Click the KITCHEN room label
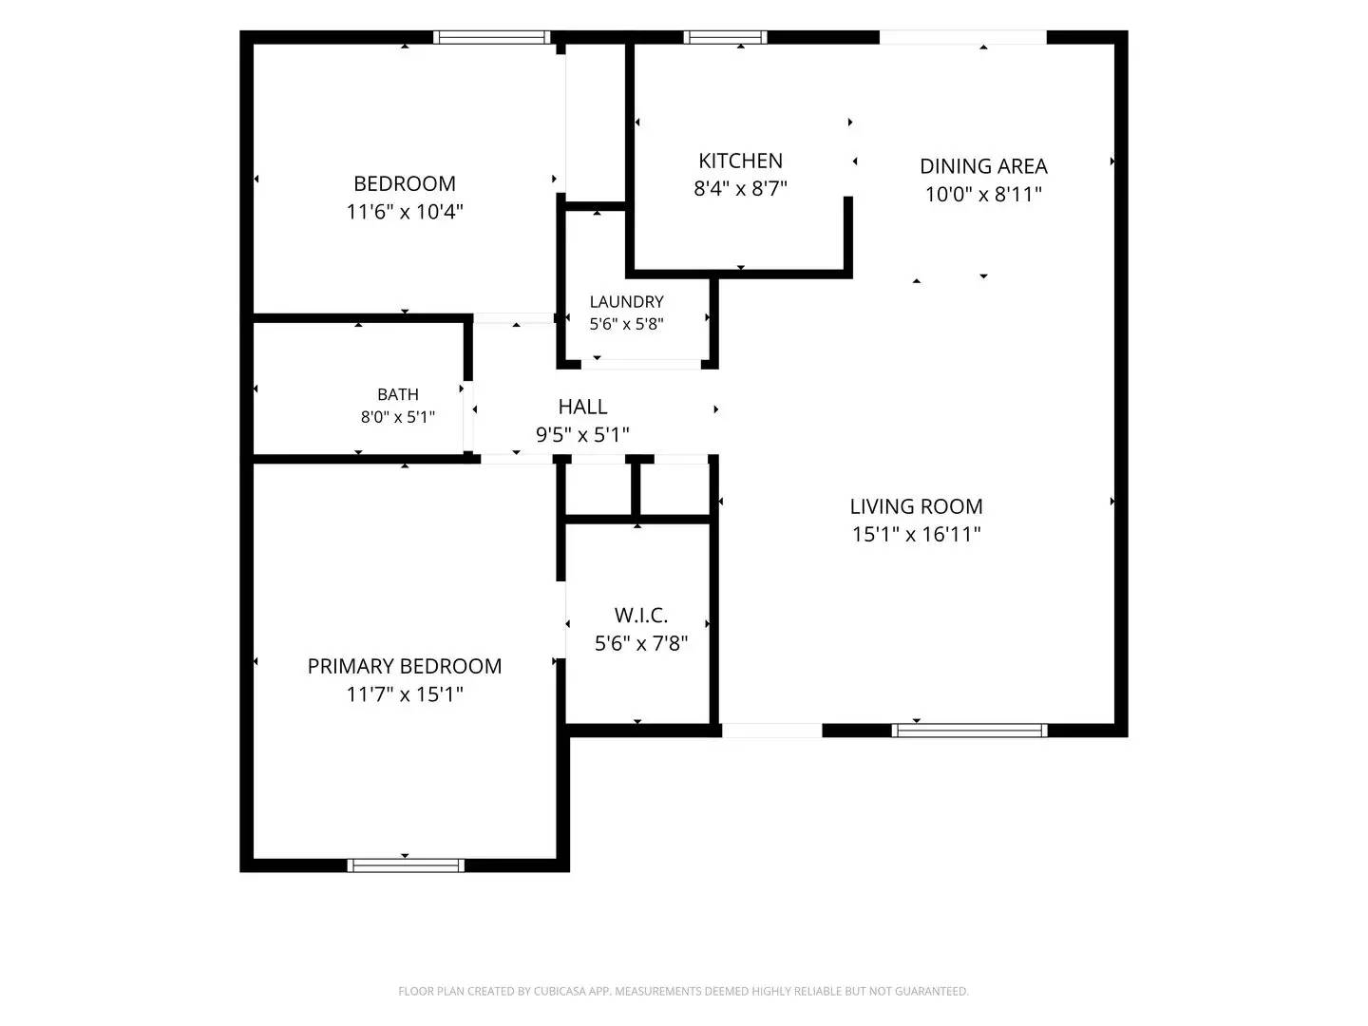pos(740,161)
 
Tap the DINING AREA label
pos(983,166)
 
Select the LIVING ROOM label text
pos(916,506)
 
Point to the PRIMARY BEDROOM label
pos(405,666)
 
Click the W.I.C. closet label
pos(640,615)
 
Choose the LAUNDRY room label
pos(626,301)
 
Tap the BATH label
pos(398,394)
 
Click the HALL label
pos(582,407)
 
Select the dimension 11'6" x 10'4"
pos(405,212)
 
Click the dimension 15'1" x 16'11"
pos(916,535)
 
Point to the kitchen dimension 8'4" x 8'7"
pos(740,188)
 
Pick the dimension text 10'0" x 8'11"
pos(983,195)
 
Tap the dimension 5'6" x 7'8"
pos(640,643)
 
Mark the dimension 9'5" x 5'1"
pos(582,434)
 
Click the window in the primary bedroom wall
pos(406,865)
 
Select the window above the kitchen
pos(725,37)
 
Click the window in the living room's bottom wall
pos(969,731)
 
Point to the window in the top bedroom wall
pos(492,37)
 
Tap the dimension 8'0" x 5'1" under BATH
pos(398,417)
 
